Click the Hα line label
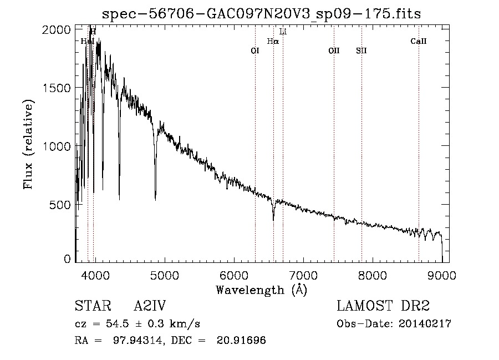(x=273, y=41)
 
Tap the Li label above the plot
(x=283, y=32)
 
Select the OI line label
(x=255, y=50)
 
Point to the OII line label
(x=334, y=50)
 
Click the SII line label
(x=361, y=50)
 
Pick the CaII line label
(x=419, y=41)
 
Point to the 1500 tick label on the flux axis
(x=57, y=88)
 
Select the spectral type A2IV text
(x=150, y=306)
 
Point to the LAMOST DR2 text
(x=383, y=306)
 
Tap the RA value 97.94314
(x=134, y=341)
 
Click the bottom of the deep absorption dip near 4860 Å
(x=155, y=199)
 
